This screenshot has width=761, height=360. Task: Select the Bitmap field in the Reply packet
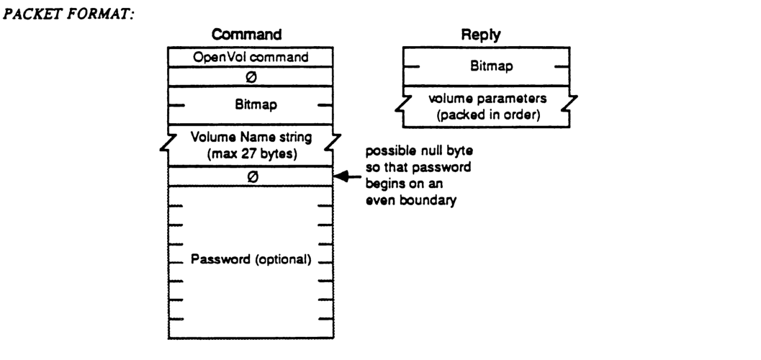(484, 66)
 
